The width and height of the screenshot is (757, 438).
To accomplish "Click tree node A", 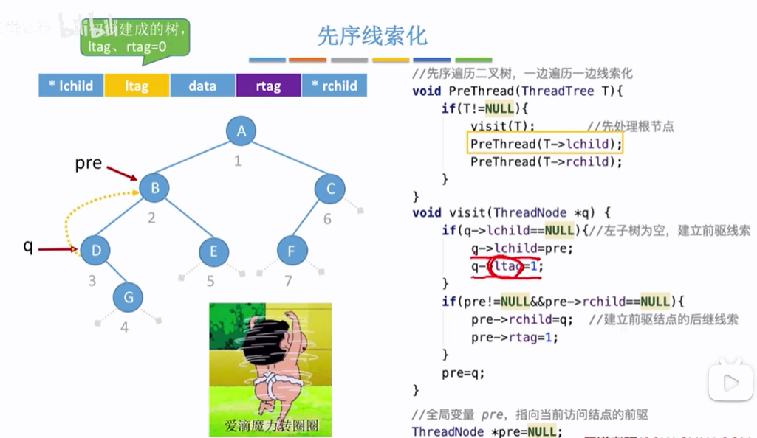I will pyautogui.click(x=241, y=131).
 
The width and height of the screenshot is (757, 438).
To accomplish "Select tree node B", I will pyautogui.click(x=154, y=188).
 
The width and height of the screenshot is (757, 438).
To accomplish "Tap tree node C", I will pyautogui.click(x=329, y=189).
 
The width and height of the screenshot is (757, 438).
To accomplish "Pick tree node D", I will pyautogui.click(x=95, y=251).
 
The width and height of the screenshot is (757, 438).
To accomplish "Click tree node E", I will pyautogui.click(x=213, y=251).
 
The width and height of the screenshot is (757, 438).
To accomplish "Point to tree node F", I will pyautogui.click(x=292, y=251).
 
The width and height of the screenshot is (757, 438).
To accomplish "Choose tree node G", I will pyautogui.click(x=128, y=297).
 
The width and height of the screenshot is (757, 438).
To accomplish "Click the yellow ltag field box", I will pyautogui.click(x=137, y=86).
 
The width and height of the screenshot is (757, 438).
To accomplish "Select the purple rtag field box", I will pyautogui.click(x=268, y=86).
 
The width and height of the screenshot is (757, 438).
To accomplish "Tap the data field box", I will pyautogui.click(x=202, y=86).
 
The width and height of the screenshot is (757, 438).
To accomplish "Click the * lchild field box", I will pyautogui.click(x=71, y=86).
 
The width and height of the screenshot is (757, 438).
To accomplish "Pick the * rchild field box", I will pyautogui.click(x=334, y=86).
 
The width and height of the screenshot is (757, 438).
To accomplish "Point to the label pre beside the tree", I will pyautogui.click(x=89, y=163).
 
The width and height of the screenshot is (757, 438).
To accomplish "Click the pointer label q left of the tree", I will pyautogui.click(x=28, y=247).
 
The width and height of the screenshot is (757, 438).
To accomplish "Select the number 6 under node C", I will pyautogui.click(x=328, y=219).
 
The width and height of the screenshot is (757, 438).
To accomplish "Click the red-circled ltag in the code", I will pyautogui.click(x=510, y=265).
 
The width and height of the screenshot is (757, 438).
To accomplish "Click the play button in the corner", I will pyautogui.click(x=730, y=382).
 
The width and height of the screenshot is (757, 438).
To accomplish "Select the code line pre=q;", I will pyautogui.click(x=463, y=372).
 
